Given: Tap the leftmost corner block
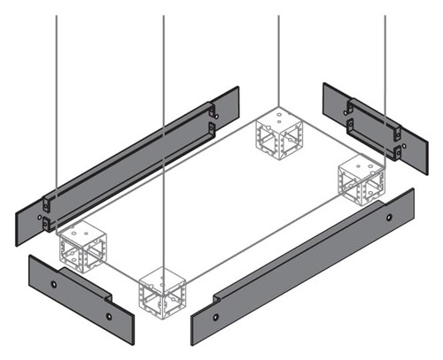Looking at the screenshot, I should pyautogui.click(x=82, y=247).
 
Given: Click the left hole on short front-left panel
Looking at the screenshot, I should pyautogui.click(x=54, y=283).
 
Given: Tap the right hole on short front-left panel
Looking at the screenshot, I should pyautogui.click(x=108, y=316).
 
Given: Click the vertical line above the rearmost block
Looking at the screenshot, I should pyautogui.click(x=279, y=62).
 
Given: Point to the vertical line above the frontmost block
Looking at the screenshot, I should pyautogui.click(x=164, y=133).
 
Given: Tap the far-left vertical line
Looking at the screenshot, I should pyautogui.click(x=58, y=106).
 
